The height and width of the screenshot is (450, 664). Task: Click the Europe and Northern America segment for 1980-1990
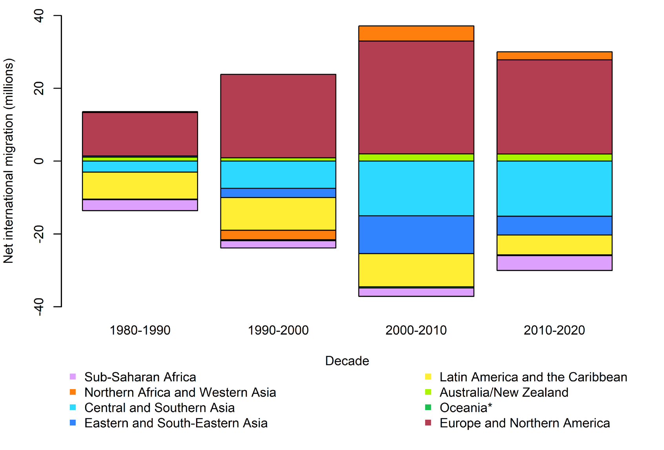point(140,134)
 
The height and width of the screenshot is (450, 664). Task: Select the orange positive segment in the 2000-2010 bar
point(416,33)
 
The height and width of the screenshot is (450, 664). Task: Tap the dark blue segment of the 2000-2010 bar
point(416,235)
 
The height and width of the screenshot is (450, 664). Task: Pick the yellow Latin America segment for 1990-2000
point(278,214)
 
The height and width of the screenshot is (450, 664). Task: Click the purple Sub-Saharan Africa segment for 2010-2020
point(554,263)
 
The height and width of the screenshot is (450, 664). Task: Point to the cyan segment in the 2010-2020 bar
point(554,189)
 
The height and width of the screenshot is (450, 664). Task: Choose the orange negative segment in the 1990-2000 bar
point(278,235)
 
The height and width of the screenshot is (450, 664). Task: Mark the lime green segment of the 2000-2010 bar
point(416,157)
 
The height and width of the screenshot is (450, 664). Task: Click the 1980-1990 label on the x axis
point(140,330)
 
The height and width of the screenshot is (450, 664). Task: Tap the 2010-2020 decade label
point(554,330)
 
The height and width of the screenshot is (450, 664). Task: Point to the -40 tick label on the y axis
point(39,306)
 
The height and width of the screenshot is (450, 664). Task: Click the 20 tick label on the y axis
point(39,88)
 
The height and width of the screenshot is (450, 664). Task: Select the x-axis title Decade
point(347,361)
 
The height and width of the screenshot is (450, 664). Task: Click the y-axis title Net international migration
point(9,161)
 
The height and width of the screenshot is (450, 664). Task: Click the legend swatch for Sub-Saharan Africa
point(73,377)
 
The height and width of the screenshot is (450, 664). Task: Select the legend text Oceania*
point(466,408)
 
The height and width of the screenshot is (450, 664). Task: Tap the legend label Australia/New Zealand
point(504,392)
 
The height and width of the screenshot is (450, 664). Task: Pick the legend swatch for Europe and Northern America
point(428,423)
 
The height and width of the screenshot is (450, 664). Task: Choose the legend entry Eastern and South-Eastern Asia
point(176,423)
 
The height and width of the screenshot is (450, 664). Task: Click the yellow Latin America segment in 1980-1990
point(140,186)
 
